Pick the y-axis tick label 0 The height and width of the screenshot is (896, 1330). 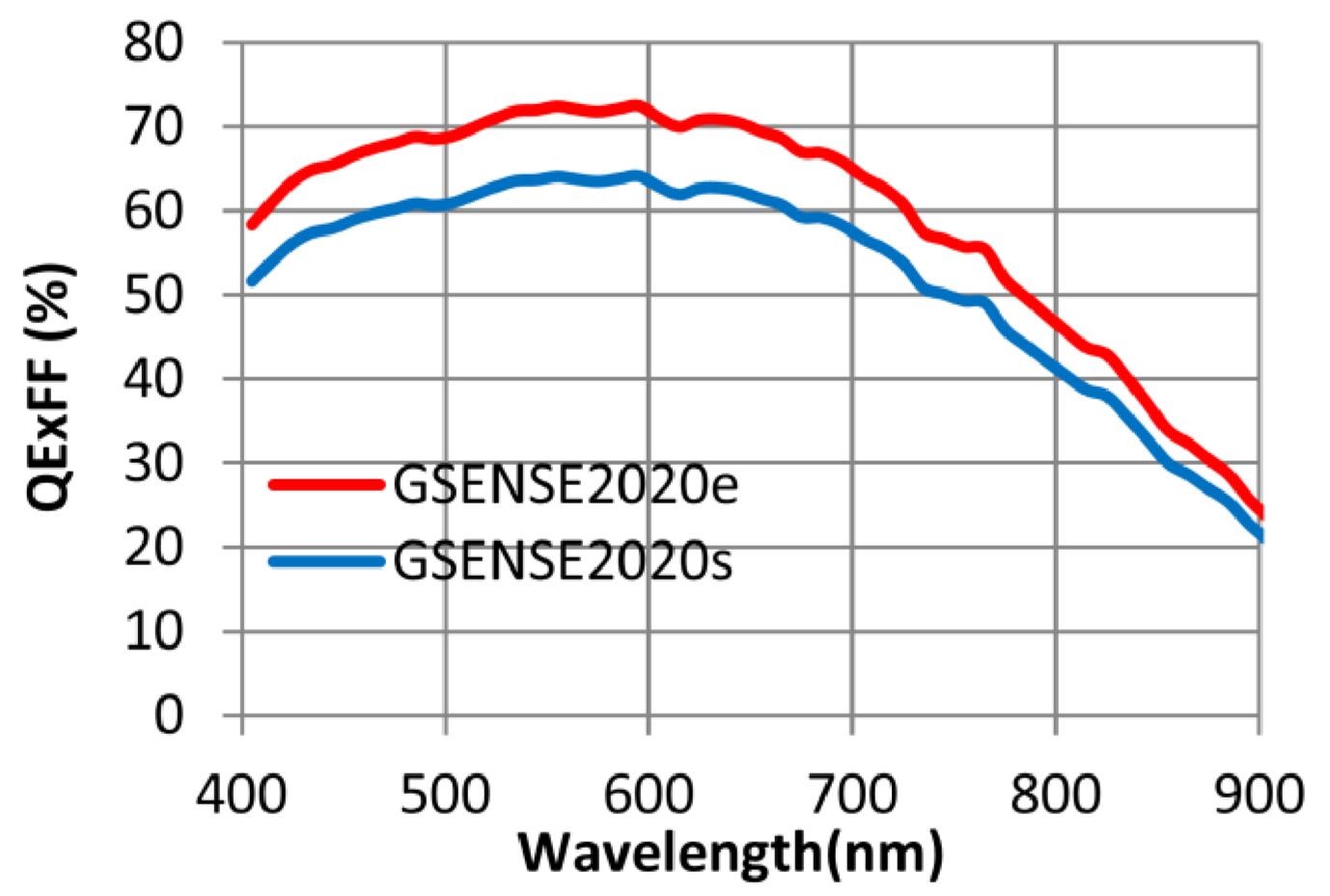(168, 717)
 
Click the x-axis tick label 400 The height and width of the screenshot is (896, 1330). (241, 795)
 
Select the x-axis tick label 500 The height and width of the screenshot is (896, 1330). (445, 795)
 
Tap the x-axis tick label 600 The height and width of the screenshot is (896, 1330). (649, 795)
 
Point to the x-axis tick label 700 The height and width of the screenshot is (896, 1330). (852, 795)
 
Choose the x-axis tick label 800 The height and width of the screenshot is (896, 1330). (1056, 795)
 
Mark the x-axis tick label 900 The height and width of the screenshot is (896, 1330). (1259, 795)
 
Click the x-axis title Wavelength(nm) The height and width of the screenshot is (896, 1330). (730, 852)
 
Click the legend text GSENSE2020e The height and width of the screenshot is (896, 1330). (566, 485)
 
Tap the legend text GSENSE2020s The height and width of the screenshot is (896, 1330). (563, 562)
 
